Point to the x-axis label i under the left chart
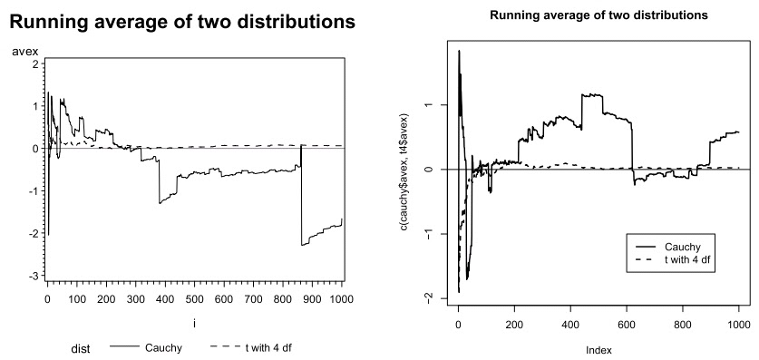pyautogui.click(x=194, y=323)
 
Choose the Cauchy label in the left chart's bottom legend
pyautogui.click(x=163, y=347)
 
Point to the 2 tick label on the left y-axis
pyautogui.click(x=34, y=64)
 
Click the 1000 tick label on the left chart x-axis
pyautogui.click(x=341, y=298)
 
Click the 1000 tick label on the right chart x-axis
pyautogui.click(x=738, y=322)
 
